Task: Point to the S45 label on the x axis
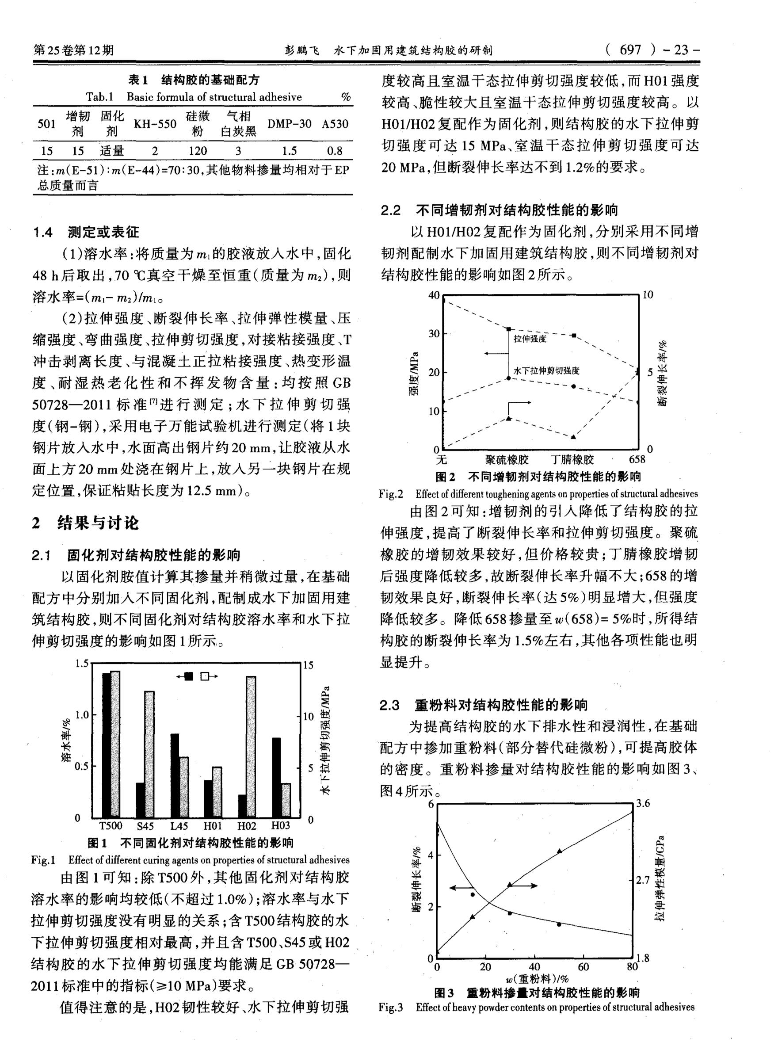point(145,825)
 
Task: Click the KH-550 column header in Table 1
point(155,124)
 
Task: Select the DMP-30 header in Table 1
point(289,124)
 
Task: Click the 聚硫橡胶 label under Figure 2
point(507,459)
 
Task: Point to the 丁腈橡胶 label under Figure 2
point(572,459)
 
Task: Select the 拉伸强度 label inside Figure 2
point(530,339)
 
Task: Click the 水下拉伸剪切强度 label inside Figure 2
point(546,370)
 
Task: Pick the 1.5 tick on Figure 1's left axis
point(82,663)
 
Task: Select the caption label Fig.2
point(391,493)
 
